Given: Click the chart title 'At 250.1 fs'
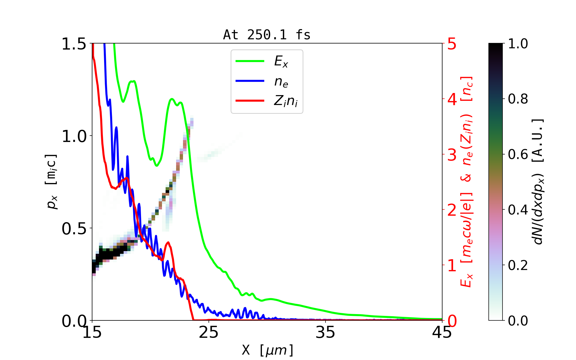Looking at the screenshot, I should [267, 35].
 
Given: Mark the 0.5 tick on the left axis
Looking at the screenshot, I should [74, 229].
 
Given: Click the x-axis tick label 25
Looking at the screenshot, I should [209, 332].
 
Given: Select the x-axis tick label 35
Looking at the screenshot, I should [325, 332].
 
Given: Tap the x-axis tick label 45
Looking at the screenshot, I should [442, 332].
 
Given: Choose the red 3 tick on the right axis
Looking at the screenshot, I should [452, 155].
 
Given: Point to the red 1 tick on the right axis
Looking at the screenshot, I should [452, 265].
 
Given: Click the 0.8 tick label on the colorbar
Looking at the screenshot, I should [518, 99].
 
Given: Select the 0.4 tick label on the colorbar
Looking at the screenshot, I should [518, 210].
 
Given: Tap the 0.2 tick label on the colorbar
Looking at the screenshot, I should [518, 265].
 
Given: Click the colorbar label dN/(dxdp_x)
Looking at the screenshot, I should [538, 181].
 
